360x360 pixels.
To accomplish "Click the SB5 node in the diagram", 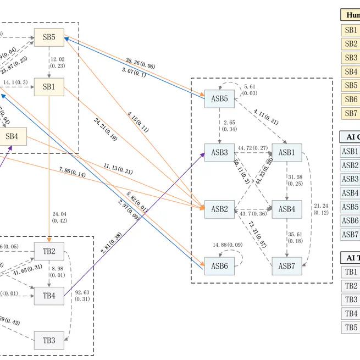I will coord(49,37).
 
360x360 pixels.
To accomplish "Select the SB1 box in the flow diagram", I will coord(49,87).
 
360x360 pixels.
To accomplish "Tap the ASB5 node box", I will coord(219,99).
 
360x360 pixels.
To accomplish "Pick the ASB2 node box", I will coord(219,209).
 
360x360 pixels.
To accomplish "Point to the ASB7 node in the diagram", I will coord(287,266).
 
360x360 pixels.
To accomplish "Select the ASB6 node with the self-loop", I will coord(219,266).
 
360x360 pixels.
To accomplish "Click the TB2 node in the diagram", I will coord(49,251).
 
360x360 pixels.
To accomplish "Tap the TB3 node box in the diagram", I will coord(49,340).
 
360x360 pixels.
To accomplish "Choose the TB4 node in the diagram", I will coord(49,295).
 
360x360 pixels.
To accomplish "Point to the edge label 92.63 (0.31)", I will coord(82,296).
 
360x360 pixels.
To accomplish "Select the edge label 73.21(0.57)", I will coord(258,235).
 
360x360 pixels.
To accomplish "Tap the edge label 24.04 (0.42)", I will coord(59,217).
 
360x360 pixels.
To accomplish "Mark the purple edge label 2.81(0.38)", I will coord(111,243).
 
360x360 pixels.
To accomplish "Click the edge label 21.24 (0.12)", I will coord(321,209).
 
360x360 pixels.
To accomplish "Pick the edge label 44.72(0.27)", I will coord(253,148).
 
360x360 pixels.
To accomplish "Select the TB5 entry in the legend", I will coord(351,327).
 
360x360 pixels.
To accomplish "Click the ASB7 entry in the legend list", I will coord(350,234).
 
